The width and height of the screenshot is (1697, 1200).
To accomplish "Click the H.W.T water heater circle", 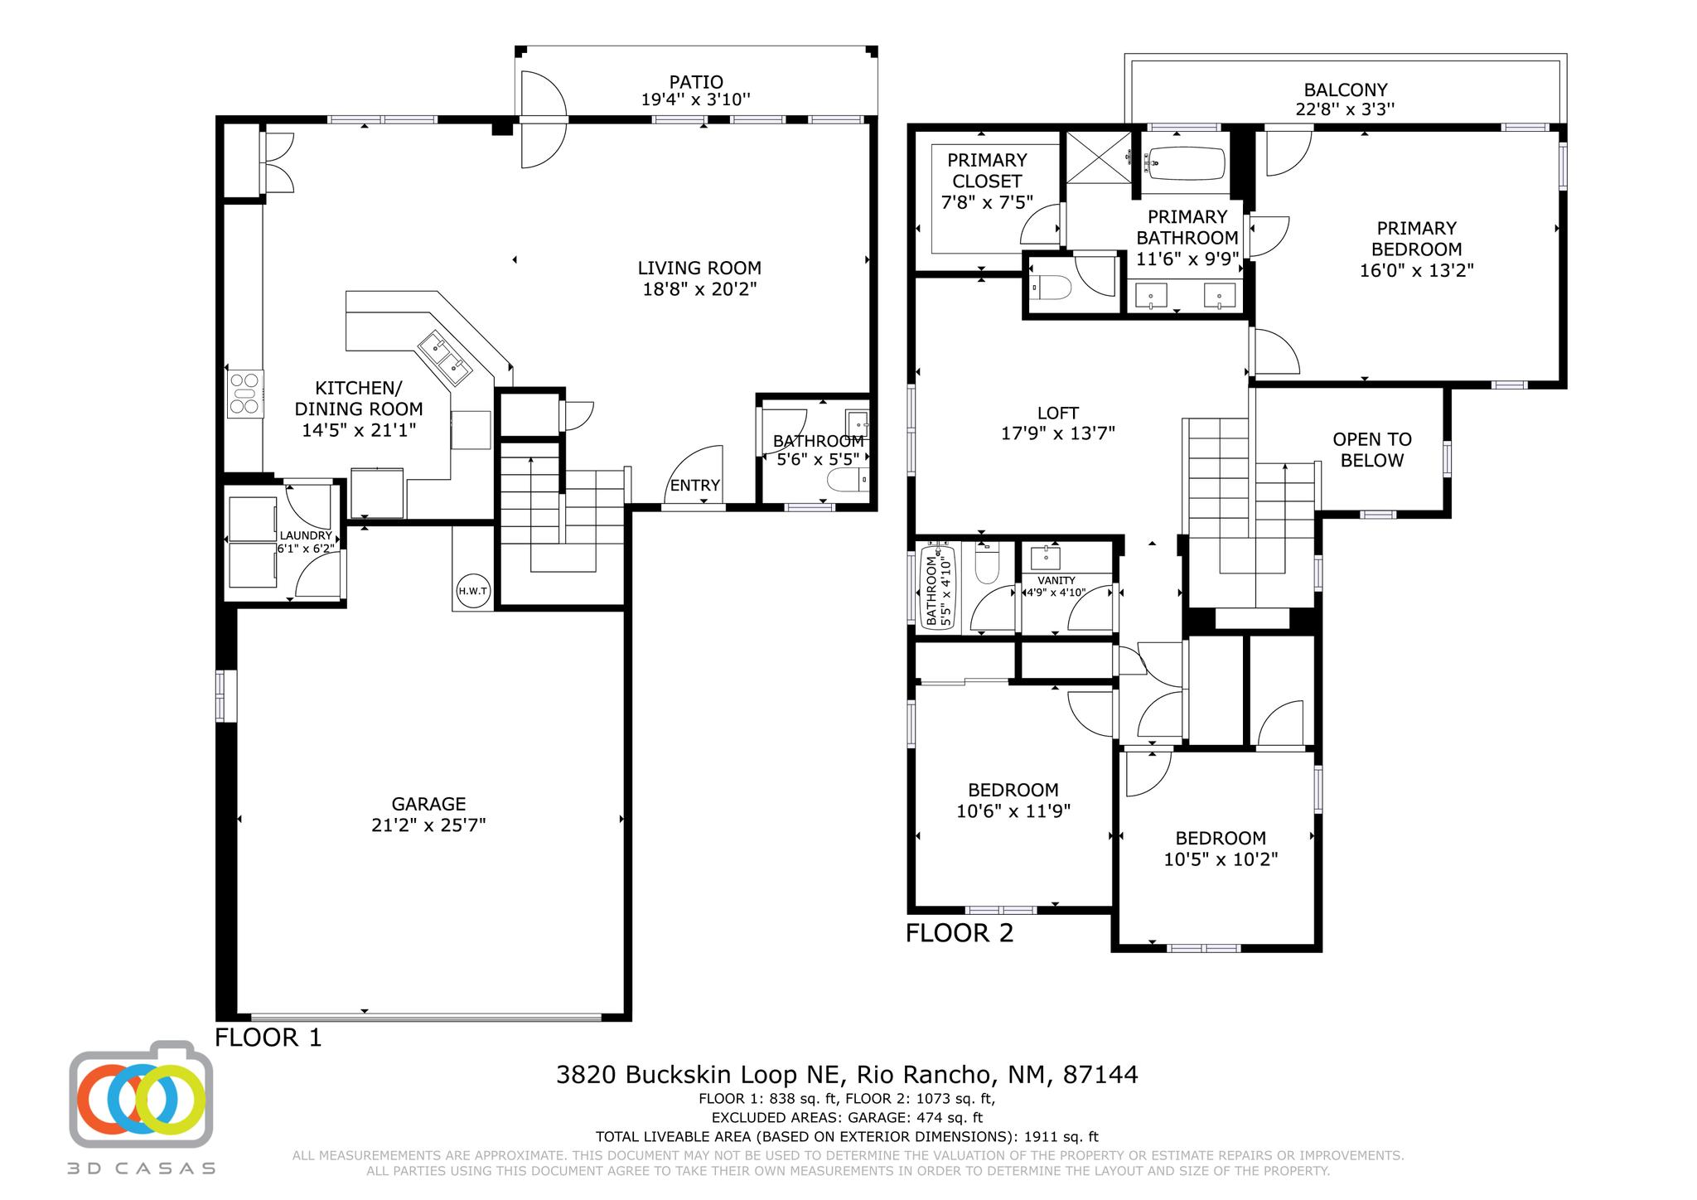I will click(473, 591).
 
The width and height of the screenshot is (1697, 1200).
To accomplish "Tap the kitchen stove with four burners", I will click(245, 394).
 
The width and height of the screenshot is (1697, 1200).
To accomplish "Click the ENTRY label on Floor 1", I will click(694, 486).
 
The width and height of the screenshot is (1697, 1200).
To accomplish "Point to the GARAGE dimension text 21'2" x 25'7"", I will click(428, 825).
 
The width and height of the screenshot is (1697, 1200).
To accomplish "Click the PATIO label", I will click(696, 82).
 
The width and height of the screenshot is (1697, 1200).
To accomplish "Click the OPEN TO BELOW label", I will click(1371, 450).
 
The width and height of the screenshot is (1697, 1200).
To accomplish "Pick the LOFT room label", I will click(1058, 413).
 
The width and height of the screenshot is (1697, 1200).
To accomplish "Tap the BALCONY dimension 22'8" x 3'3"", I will click(1345, 109).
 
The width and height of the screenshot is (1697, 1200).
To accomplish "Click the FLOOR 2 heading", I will click(959, 933).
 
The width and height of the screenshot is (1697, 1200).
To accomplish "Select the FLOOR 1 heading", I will click(268, 1038).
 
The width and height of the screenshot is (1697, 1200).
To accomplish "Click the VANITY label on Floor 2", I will click(1056, 581).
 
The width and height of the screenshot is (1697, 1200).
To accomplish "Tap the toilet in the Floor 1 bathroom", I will click(847, 481).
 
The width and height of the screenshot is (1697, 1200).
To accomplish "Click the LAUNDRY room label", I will click(305, 536).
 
